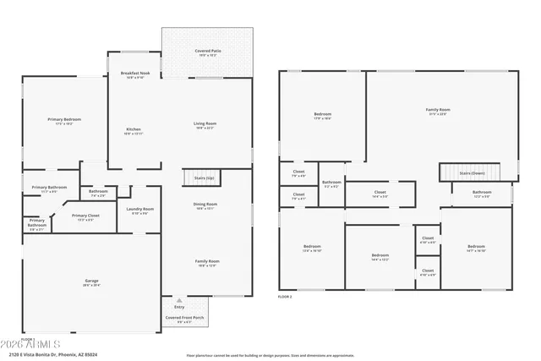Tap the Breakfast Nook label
(134, 74)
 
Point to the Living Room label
(205, 125)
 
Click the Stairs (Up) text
(204, 178)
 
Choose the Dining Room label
(206, 205)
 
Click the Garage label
(91, 282)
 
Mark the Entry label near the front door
(178, 306)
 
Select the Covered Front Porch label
(183, 319)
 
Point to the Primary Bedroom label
(63, 121)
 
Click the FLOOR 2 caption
(285, 298)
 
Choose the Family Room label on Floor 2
(437, 111)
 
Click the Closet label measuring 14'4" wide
(380, 194)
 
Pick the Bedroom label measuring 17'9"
(323, 116)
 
